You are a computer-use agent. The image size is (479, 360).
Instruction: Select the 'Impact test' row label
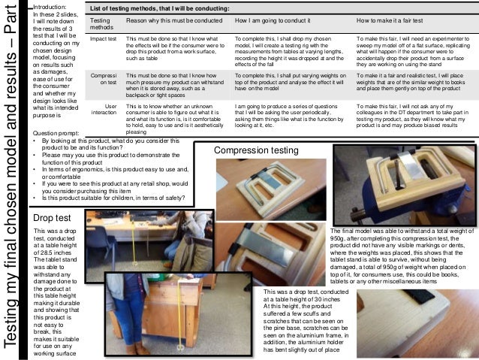pos(101,37)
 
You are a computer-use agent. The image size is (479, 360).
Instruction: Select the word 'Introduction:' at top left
pos(53,6)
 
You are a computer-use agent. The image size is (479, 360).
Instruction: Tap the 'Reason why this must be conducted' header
pos(168,21)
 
